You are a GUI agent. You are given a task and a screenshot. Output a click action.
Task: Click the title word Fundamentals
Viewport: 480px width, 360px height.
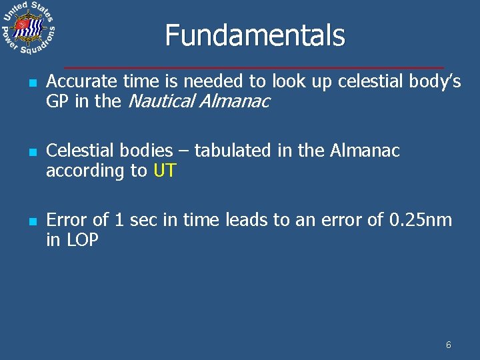[x=255, y=36]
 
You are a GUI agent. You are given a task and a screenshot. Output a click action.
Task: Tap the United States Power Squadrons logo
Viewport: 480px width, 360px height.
[x=27, y=29]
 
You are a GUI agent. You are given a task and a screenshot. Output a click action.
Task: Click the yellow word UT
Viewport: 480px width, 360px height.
[x=165, y=171]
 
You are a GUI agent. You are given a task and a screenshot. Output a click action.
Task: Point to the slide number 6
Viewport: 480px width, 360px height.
[x=448, y=345]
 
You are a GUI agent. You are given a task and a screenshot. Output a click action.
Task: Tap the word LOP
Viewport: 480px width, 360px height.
[x=82, y=240]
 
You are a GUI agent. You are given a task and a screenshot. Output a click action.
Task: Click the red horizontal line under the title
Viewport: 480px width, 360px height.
[x=253, y=67]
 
